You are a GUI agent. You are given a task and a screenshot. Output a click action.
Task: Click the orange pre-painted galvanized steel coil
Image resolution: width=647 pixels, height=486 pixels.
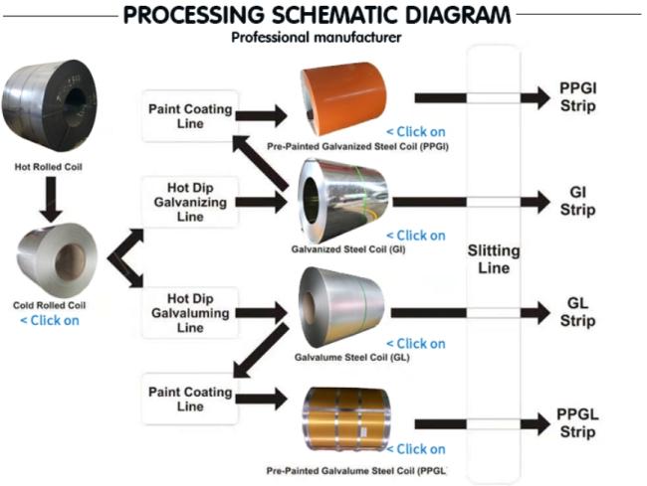coord(343,98)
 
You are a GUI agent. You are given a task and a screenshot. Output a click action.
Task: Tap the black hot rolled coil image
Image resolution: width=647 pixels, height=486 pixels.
coord(49,105)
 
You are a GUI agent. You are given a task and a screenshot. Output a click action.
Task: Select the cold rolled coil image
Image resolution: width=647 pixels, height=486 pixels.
coord(57,259)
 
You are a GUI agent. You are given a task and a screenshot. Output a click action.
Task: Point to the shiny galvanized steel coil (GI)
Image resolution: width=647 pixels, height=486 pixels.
coord(343,201)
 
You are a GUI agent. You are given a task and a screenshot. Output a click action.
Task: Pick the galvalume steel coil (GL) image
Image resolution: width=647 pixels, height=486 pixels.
coord(341,307)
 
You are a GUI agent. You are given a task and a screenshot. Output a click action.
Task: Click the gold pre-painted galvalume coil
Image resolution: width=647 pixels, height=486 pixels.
coord(345,419)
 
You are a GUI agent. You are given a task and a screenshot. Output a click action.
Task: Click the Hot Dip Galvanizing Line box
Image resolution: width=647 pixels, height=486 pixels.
coord(190,202)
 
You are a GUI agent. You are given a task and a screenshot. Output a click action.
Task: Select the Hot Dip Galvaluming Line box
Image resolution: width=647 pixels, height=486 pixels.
coord(190,313)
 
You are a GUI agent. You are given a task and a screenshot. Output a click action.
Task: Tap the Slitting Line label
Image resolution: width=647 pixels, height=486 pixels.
coord(494,259)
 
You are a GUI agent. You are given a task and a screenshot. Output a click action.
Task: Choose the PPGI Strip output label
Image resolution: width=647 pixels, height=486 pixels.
coord(577,96)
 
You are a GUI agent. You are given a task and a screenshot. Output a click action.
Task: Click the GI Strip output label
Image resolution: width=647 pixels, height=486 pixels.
coord(577,201)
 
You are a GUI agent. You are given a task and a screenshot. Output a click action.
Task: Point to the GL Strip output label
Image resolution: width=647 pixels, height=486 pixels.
coord(577,311)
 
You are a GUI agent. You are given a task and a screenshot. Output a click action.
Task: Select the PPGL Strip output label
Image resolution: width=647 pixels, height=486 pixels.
coord(577,423)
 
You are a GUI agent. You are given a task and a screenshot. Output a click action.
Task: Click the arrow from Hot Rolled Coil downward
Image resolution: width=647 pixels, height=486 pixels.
coord(51,200)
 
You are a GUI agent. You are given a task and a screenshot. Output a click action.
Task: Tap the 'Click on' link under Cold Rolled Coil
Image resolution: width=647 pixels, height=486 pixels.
coord(50,320)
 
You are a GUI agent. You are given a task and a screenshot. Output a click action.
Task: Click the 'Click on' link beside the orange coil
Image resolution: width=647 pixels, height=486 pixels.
coord(416,132)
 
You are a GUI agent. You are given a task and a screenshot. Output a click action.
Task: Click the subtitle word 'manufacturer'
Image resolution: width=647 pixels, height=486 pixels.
coord(358,38)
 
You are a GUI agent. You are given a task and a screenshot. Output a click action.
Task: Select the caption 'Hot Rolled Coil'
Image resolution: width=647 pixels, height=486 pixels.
coord(49,167)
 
